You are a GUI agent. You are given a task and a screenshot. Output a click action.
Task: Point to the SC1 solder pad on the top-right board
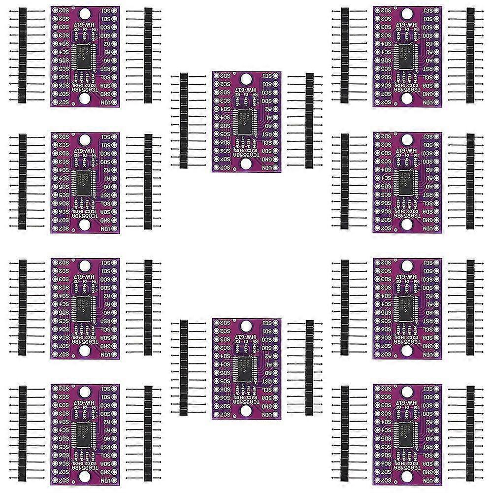coord(438,10)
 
